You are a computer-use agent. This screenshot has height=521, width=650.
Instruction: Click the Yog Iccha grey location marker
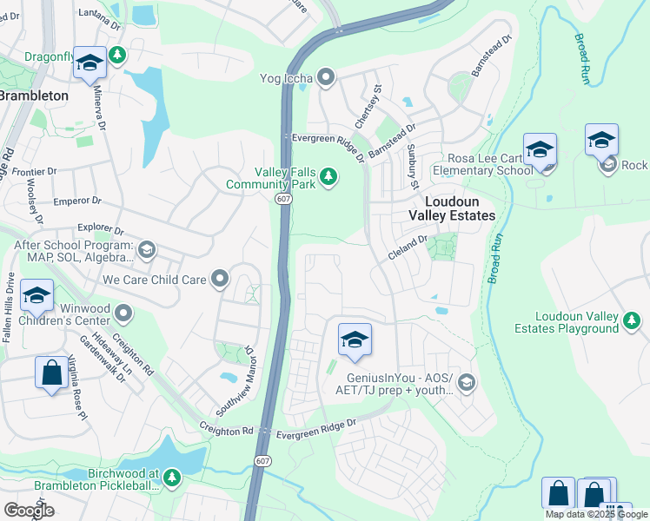point(327,78)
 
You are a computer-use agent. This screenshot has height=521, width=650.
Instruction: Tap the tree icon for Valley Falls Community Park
point(328,177)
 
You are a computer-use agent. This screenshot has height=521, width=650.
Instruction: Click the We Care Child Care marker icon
point(220,280)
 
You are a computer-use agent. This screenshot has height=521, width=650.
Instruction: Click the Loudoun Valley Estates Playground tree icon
point(632,322)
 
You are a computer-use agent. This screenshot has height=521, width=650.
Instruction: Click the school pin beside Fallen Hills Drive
point(36,296)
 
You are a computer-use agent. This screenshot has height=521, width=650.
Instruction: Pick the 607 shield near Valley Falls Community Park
point(286,199)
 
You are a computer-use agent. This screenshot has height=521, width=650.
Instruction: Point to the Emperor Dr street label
point(77,201)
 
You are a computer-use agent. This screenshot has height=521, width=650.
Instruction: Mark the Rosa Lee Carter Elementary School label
point(490,164)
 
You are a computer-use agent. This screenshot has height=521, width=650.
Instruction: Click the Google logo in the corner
point(29,510)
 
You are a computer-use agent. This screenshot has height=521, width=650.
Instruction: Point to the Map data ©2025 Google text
point(596,514)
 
